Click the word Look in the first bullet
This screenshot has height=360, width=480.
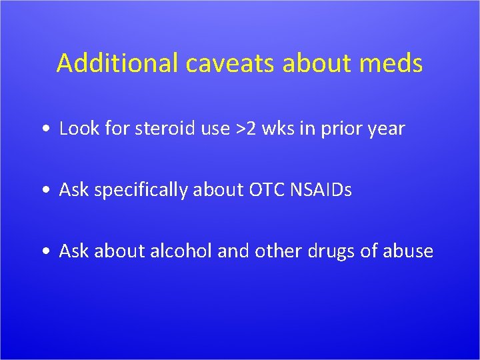pos(77,129)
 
